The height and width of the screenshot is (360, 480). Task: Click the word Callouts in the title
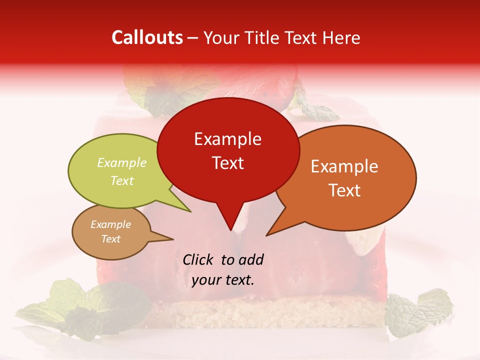[147, 37]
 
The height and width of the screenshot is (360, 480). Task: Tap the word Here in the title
[340, 37]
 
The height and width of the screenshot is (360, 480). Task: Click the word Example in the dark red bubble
[227, 139]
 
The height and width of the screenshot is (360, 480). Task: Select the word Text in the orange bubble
[345, 190]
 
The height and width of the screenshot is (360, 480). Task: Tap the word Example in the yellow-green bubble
[122, 162]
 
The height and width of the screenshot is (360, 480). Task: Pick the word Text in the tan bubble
[111, 239]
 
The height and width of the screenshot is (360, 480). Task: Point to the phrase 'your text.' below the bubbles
[223, 280]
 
